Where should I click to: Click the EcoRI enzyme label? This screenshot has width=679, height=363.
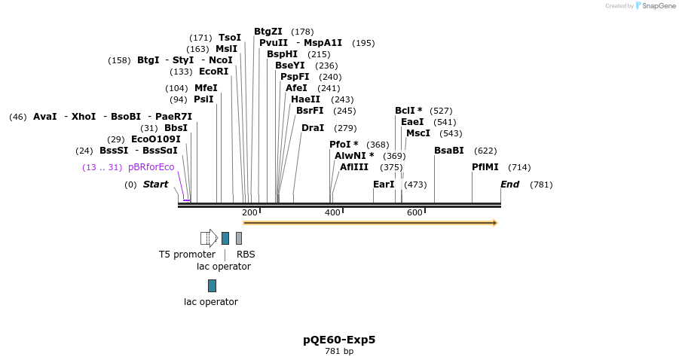[x=213, y=72]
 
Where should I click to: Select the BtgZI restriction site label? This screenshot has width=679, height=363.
[x=268, y=32]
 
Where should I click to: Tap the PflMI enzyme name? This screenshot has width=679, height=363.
[x=485, y=167]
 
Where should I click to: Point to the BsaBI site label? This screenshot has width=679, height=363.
[x=449, y=151]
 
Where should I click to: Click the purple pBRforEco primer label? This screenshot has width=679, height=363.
[x=151, y=167]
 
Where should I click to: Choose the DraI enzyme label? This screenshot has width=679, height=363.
[x=313, y=128]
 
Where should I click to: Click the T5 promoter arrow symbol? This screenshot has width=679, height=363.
[x=209, y=238]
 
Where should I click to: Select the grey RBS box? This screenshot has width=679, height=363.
[x=239, y=238]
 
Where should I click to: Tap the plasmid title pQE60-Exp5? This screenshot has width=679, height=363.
[x=339, y=340]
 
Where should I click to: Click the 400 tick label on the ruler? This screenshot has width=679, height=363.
[x=332, y=213]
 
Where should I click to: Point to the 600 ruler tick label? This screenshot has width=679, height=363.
[x=414, y=213]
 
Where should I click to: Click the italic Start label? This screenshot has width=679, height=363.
[x=156, y=185]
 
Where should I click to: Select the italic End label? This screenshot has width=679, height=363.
[x=510, y=185]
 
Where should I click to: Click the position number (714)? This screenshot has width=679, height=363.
[x=519, y=167]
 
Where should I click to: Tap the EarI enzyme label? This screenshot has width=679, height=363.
[x=384, y=185]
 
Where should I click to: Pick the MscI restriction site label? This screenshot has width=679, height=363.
[x=418, y=133]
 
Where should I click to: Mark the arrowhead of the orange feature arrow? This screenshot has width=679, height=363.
[x=494, y=223]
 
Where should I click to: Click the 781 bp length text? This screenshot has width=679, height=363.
[x=339, y=352]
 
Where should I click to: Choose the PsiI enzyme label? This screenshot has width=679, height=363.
[x=203, y=99]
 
